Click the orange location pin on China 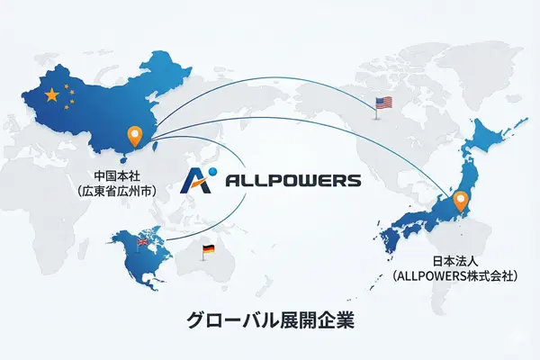tap(136, 136)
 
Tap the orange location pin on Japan tap(461, 201)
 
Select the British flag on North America tap(140, 242)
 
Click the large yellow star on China tap(51, 94)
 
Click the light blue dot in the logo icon tap(211, 169)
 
